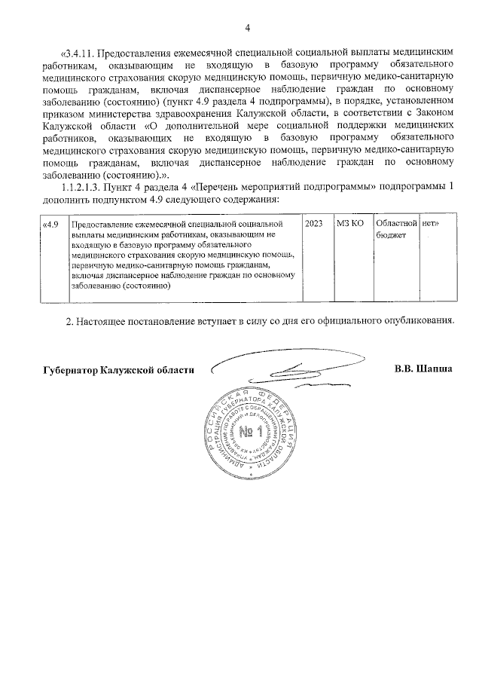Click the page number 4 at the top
tap(247, 29)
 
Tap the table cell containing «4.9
tap(50, 225)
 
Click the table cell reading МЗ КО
tap(351, 225)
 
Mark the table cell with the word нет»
tap(431, 225)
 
